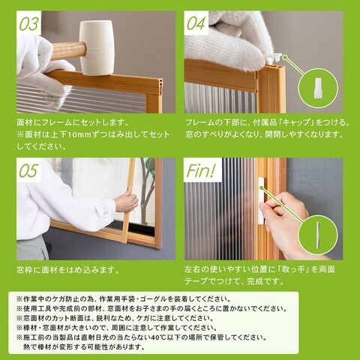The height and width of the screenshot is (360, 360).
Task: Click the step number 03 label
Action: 29,24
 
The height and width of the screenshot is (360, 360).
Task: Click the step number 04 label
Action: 196,23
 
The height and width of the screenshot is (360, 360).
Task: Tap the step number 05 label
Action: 28,170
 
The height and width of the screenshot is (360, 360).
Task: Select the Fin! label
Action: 201,170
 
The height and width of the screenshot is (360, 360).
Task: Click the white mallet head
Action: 97,47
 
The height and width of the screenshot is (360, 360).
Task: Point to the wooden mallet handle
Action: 68,51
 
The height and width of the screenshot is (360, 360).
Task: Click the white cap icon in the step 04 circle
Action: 317,88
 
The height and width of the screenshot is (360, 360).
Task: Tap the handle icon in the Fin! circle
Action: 317,235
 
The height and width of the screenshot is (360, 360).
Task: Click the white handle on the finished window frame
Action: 261,201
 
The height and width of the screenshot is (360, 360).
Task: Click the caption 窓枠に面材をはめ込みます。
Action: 67,270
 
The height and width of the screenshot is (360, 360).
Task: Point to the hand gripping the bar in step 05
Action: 126,202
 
